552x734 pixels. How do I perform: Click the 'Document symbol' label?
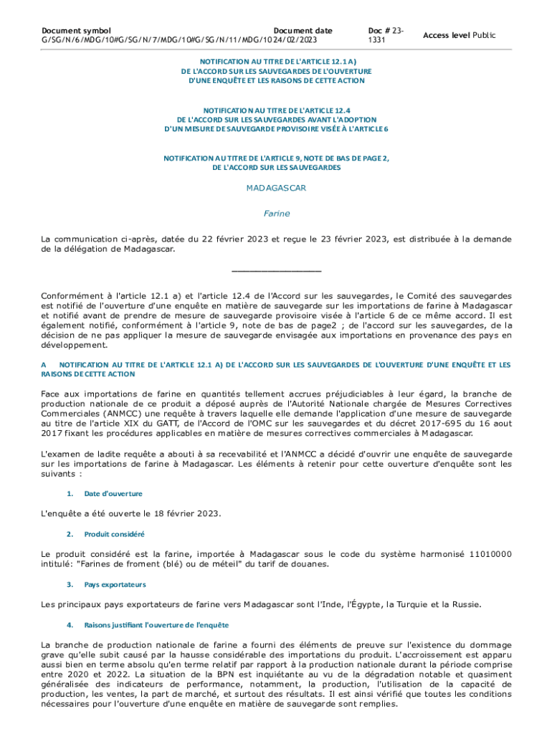76,31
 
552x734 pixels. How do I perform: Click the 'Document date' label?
303,31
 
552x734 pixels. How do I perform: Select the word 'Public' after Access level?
484,35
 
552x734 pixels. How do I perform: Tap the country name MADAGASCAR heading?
276,188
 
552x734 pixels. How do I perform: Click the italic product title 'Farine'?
276,214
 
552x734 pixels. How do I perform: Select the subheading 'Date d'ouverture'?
113,494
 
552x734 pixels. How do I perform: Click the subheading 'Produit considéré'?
115,534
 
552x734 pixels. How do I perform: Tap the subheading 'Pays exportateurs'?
115,585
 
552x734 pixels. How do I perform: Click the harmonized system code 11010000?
487,554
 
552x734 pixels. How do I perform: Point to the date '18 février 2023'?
187,514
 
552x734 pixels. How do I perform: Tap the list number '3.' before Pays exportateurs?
70,585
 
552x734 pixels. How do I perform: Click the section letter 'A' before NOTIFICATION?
44,365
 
